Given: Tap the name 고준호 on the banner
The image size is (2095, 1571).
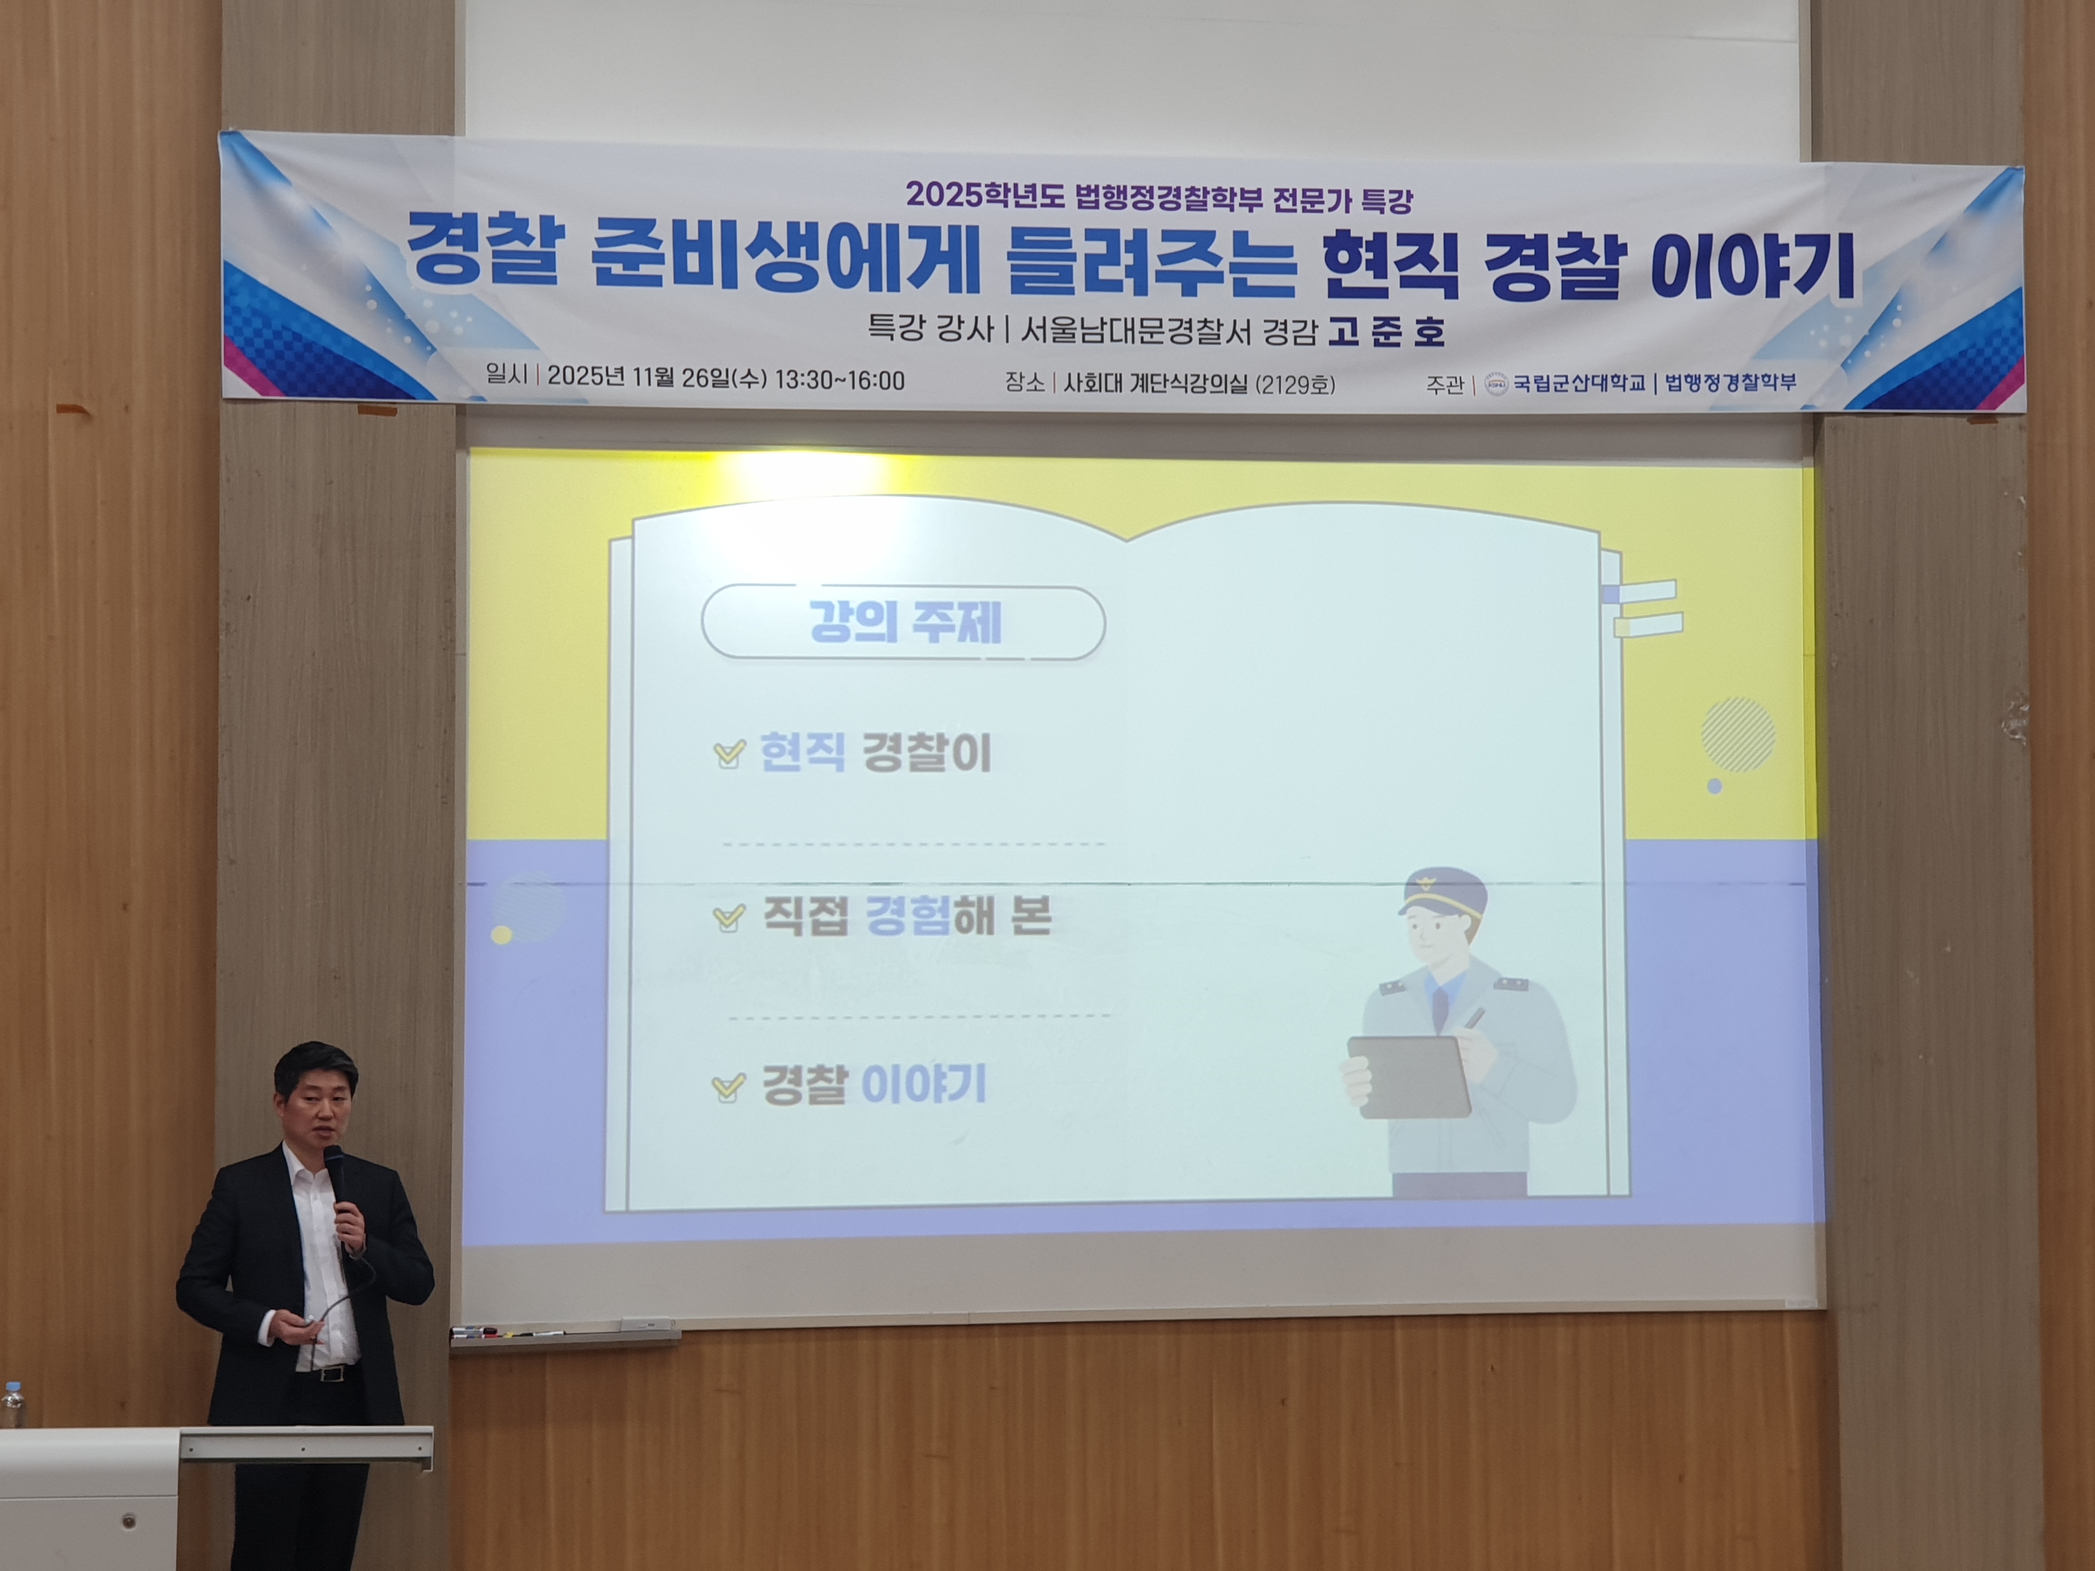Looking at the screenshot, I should point(1386,331).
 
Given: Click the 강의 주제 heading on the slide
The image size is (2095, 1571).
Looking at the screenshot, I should point(905,623).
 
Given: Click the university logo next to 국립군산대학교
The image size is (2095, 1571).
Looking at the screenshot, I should point(1496,383).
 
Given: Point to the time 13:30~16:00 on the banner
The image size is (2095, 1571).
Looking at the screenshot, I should point(839,380).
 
